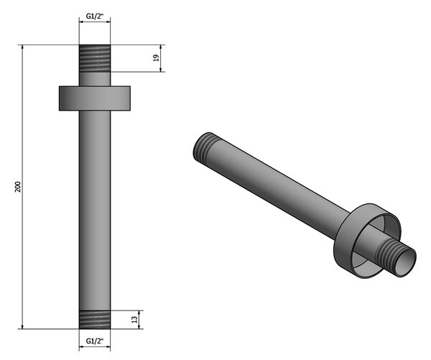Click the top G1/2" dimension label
[x=95, y=16]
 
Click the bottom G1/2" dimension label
[x=95, y=341]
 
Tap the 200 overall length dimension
[x=18, y=187]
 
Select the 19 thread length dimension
[x=156, y=57]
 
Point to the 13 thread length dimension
[x=134, y=319]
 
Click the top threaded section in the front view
[x=95, y=58]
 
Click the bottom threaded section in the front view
[x=95, y=320]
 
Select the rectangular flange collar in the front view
[x=95, y=98]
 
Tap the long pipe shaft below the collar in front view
[x=95, y=211]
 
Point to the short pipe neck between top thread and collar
[x=95, y=79]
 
